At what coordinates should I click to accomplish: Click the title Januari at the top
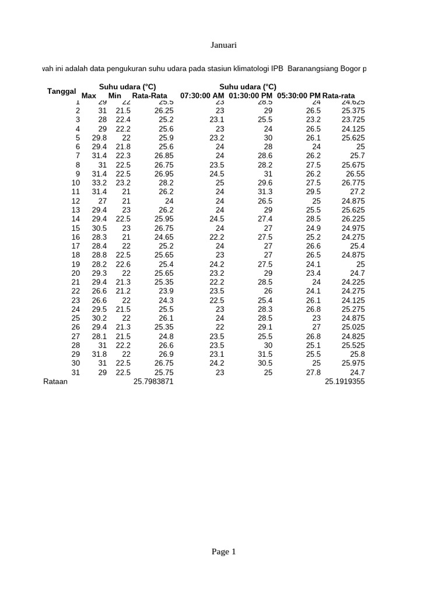click(224, 45)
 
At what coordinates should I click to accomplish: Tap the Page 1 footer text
click(224, 552)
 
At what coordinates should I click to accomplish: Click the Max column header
click(89, 96)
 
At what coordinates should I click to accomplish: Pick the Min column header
click(115, 96)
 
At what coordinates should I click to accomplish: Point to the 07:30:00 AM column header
click(202, 96)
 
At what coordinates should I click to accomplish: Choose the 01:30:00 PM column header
click(251, 96)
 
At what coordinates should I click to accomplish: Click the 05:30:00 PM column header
click(299, 96)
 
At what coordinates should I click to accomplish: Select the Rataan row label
click(55, 382)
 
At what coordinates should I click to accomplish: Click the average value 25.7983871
click(153, 382)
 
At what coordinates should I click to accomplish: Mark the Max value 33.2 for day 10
click(99, 182)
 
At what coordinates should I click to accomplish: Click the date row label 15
click(75, 228)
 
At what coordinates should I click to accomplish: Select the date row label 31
click(75, 373)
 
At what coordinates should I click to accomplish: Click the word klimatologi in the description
click(247, 69)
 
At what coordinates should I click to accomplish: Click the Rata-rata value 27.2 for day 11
click(357, 192)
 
